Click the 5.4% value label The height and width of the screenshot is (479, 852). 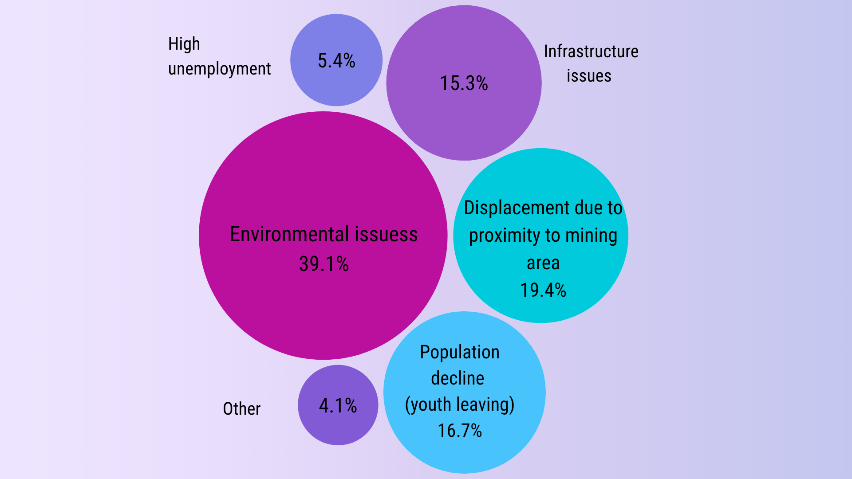[336, 61]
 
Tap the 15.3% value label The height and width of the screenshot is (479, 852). [464, 83]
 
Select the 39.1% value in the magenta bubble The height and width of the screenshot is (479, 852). [324, 264]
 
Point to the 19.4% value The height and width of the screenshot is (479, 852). [543, 291]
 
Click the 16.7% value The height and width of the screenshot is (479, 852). [460, 431]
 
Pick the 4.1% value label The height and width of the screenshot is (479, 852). [338, 406]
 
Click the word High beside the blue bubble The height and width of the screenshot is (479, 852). [184, 44]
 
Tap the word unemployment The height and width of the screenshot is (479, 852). [219, 69]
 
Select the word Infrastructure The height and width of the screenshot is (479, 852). [591, 52]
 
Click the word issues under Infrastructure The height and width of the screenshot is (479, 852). [589, 76]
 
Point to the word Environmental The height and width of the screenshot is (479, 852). [284, 235]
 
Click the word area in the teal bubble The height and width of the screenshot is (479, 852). [543, 263]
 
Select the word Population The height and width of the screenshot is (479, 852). [460, 353]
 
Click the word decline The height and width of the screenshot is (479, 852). [458, 379]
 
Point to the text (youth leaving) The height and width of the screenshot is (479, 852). [460, 405]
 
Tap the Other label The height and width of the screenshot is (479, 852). [241, 409]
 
